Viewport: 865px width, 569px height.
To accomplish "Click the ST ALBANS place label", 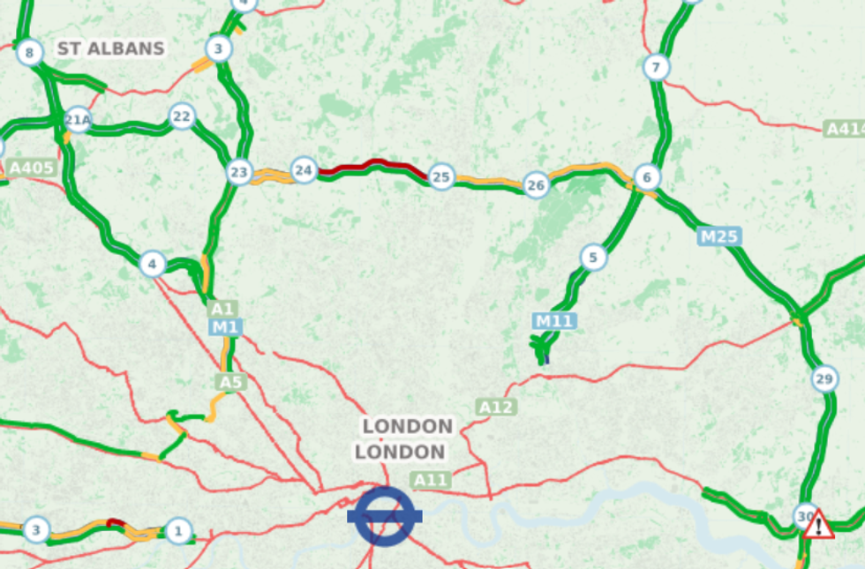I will pos(111,49).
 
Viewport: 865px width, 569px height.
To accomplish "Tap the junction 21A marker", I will pos(78,120).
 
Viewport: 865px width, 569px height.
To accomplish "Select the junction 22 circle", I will pos(182,116).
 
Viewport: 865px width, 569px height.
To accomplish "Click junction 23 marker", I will pos(239,172).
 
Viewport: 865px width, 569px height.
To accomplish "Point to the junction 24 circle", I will pos(304,169).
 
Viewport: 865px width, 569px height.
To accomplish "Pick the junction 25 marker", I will pos(441,177).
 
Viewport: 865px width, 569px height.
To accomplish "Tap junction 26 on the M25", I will pos(536,185).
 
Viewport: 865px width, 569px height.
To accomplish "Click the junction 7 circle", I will pos(655,67).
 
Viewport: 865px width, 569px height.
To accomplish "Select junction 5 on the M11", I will pos(594,258).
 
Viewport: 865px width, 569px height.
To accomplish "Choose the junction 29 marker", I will pos(824,379).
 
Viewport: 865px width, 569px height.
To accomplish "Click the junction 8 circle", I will pos(29,54).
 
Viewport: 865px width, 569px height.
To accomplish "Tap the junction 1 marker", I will pos(178,530).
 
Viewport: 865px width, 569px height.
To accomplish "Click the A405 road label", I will pos(32,168).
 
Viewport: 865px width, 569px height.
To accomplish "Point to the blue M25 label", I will pos(720,236).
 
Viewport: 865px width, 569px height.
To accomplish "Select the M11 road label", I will pos(554,321).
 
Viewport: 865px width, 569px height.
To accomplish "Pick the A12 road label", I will pos(496,407).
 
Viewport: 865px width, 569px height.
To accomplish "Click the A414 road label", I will pos(845,130).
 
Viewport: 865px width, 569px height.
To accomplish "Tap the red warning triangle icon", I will pos(819,524).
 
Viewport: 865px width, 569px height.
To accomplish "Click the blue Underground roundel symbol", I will pos(385,516).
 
